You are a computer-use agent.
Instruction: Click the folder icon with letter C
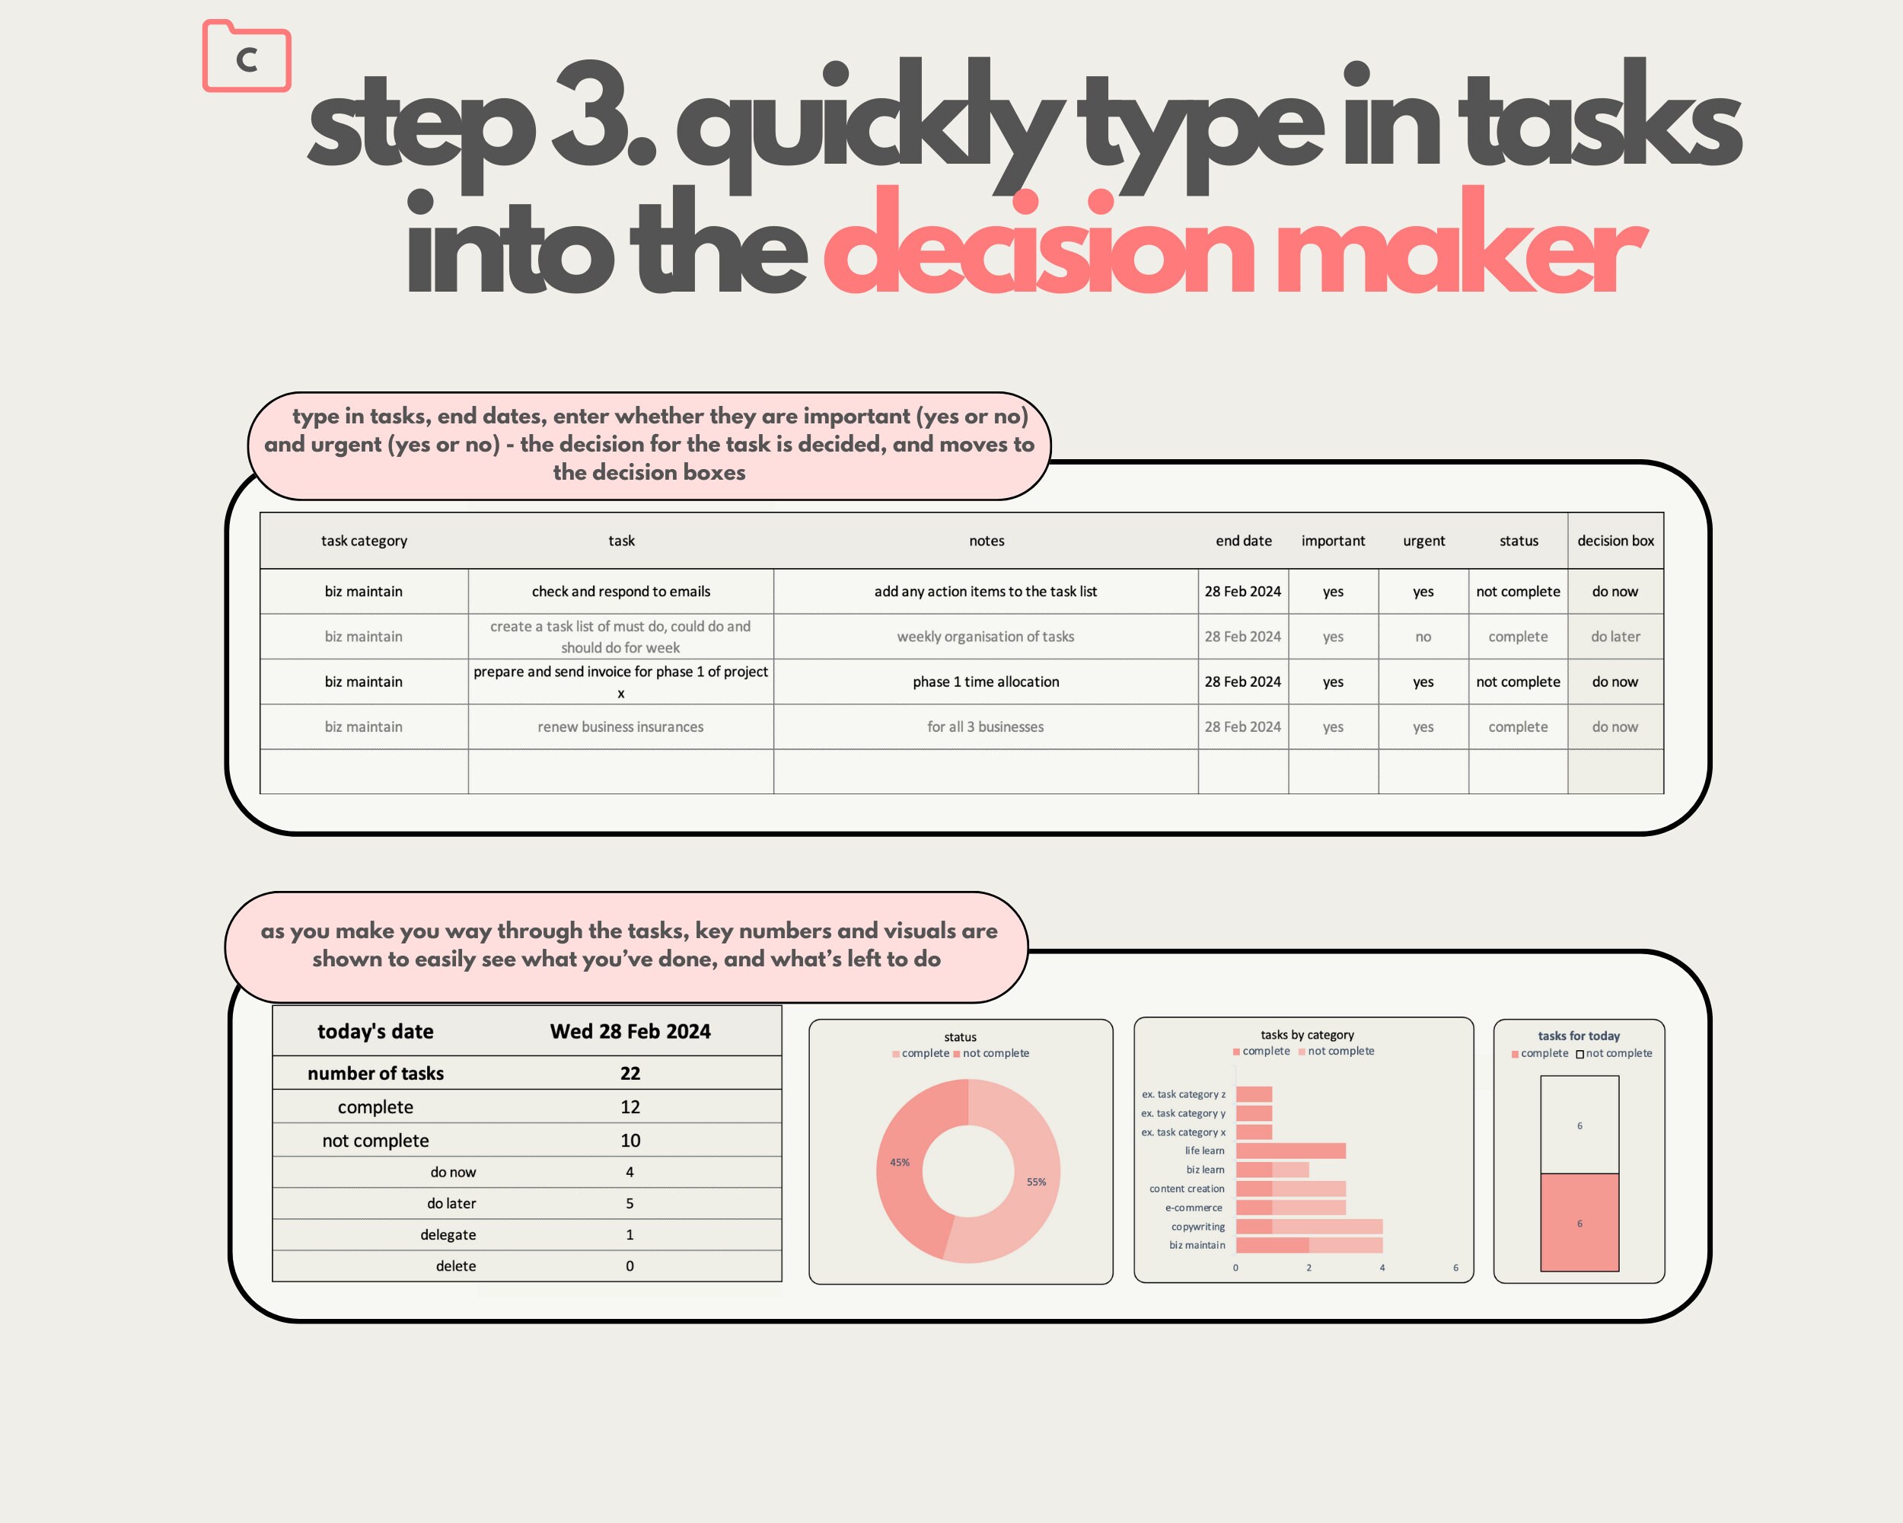click(x=247, y=57)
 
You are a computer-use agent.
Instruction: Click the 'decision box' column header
click(x=1615, y=541)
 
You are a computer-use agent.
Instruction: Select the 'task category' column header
click(x=364, y=541)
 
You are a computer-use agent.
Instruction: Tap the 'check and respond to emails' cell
click(x=620, y=592)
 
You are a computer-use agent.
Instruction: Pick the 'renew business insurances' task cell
click(x=620, y=726)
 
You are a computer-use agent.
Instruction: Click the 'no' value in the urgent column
click(x=1423, y=637)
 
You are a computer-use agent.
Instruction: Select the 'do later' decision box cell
click(x=1615, y=637)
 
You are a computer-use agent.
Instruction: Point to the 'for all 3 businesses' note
click(x=985, y=726)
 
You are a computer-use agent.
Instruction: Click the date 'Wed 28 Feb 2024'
click(x=630, y=1031)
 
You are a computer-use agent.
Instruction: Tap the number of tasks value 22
click(x=630, y=1074)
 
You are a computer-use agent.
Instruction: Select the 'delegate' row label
click(x=448, y=1234)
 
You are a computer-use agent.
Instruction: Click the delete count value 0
click(x=630, y=1266)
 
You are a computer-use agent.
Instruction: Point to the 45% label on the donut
click(x=900, y=1162)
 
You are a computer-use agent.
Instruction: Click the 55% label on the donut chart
click(x=1036, y=1181)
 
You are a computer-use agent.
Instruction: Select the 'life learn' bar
click(x=1290, y=1151)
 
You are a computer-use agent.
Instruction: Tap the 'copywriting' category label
click(x=1198, y=1226)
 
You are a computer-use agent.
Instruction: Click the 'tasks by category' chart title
click(x=1307, y=1035)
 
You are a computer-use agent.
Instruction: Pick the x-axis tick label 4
click(x=1382, y=1268)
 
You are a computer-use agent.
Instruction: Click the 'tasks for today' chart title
click(x=1579, y=1036)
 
